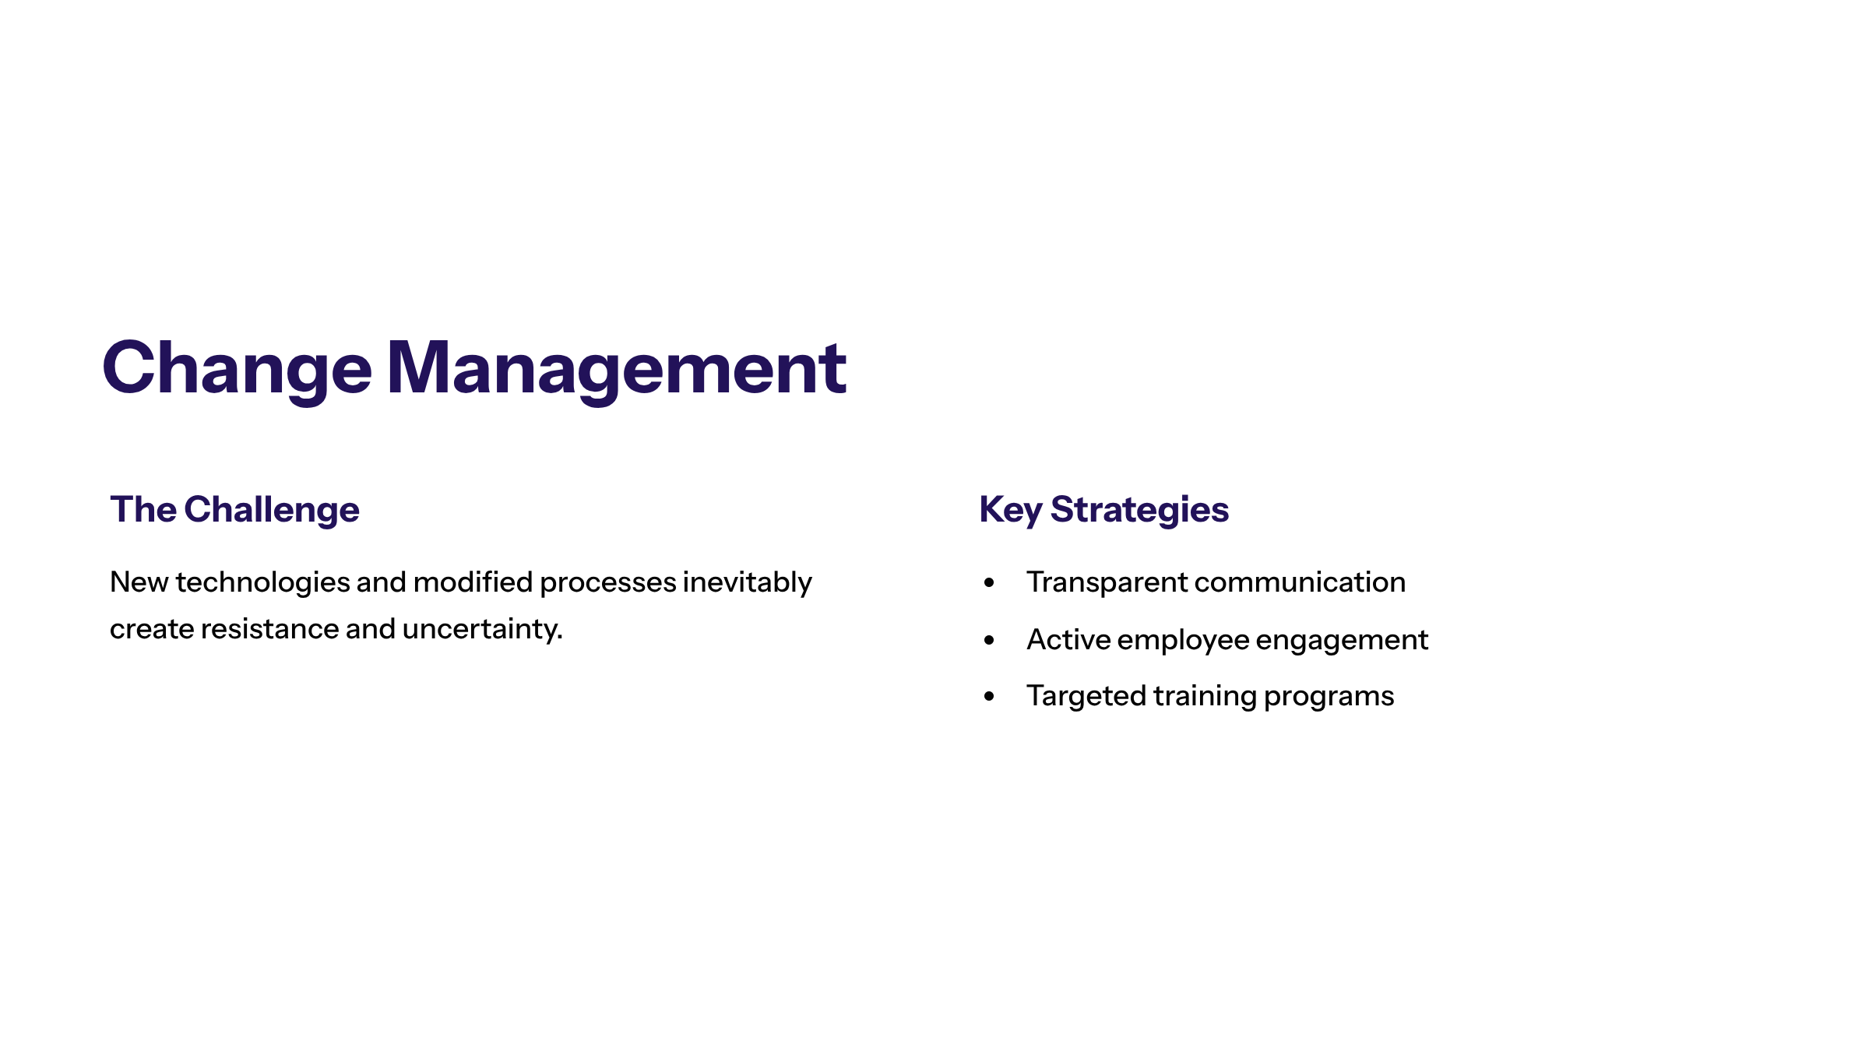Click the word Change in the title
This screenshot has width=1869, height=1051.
point(237,368)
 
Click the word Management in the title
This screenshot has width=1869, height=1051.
point(616,368)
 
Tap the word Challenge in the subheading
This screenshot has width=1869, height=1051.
point(272,510)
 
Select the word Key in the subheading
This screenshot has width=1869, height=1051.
point(1010,511)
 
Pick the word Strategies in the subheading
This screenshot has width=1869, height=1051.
point(1139,511)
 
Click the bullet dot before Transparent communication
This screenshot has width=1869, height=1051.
point(989,583)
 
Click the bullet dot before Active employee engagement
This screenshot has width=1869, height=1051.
point(989,641)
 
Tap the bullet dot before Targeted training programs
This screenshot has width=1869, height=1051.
point(989,697)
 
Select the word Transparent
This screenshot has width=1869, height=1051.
point(1107,582)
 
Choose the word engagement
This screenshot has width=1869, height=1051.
point(1342,641)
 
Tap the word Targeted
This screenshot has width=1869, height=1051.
point(1086,697)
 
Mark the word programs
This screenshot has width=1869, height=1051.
point(1329,697)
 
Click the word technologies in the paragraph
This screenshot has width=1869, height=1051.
point(262,583)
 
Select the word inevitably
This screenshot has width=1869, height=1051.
point(747,583)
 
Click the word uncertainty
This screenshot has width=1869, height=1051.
point(482,629)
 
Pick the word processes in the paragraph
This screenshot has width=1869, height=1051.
point(607,583)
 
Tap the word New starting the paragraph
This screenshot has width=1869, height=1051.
point(139,582)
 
